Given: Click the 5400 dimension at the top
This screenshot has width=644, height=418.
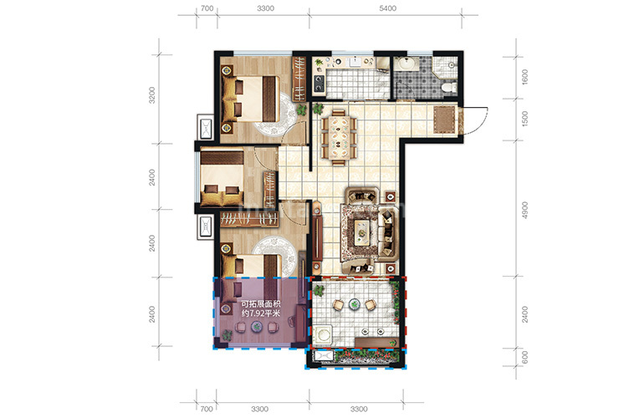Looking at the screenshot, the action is [x=387, y=8].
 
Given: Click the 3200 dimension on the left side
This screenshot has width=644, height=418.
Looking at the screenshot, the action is [x=152, y=94].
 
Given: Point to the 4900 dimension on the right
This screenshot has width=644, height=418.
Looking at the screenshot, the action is [x=524, y=210].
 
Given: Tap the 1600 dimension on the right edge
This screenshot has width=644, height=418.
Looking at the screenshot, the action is [x=524, y=77].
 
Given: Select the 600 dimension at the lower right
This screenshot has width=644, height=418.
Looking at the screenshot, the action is [x=524, y=357].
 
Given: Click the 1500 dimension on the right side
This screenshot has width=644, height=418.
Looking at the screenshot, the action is [x=524, y=119].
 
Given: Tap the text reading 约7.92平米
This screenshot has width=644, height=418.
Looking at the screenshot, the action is [x=260, y=313].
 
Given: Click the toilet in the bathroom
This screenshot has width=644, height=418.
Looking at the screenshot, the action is [x=448, y=87].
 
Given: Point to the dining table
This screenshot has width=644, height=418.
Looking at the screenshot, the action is [x=339, y=137].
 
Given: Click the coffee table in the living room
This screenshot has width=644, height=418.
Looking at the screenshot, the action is [x=362, y=232].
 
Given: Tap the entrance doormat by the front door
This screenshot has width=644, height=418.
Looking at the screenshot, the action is [x=444, y=120].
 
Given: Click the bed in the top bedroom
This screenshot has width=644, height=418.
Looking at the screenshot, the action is [x=250, y=99].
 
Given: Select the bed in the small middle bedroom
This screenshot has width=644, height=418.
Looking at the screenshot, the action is [x=222, y=177].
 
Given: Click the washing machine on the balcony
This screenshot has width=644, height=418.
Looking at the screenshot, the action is [x=323, y=336].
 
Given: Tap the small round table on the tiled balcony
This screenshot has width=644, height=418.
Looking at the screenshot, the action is [x=354, y=304].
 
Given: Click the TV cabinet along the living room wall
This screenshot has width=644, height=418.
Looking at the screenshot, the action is [x=317, y=237].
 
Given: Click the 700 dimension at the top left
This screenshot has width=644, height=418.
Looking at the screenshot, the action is [x=207, y=8].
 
